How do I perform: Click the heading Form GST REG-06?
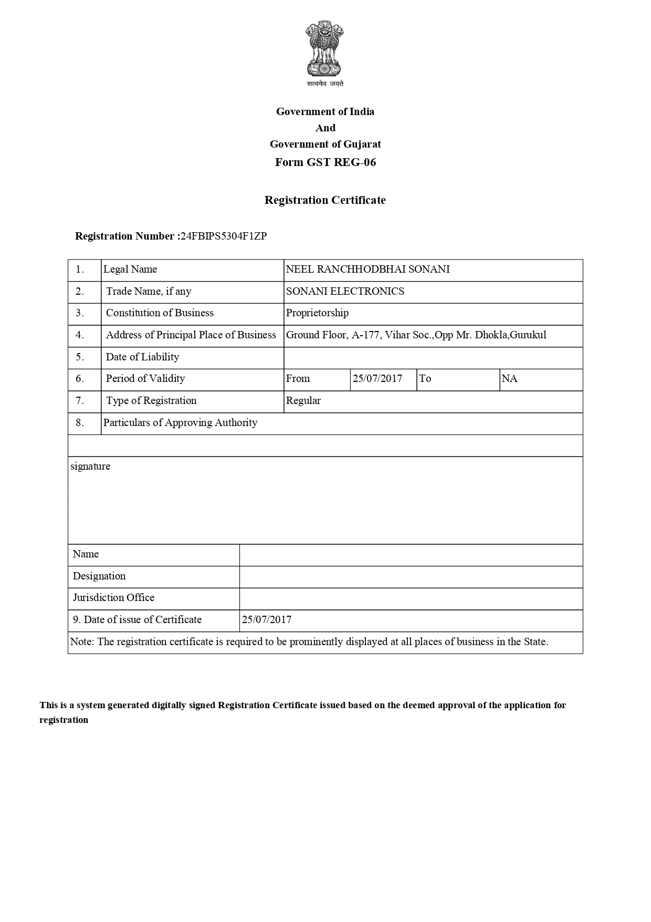(x=325, y=162)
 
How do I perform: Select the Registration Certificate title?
(x=325, y=200)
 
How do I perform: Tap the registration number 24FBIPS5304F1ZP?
(x=223, y=236)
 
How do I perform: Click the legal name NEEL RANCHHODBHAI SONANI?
(x=367, y=269)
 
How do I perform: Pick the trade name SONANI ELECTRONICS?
(x=345, y=291)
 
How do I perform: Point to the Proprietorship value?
(x=317, y=313)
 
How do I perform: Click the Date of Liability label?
(x=142, y=357)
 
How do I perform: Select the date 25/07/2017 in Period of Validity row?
(x=377, y=378)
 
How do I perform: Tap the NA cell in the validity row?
(x=509, y=378)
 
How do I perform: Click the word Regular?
(x=303, y=400)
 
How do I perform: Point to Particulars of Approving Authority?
(x=180, y=422)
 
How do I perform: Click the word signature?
(x=90, y=466)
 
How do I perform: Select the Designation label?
(x=99, y=576)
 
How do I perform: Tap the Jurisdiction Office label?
(x=113, y=597)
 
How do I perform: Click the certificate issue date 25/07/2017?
(x=267, y=619)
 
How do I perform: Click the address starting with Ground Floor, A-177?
(x=416, y=335)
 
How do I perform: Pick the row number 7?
(x=80, y=400)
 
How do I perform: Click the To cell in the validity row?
(x=425, y=378)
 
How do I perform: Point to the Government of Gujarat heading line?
(x=325, y=144)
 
